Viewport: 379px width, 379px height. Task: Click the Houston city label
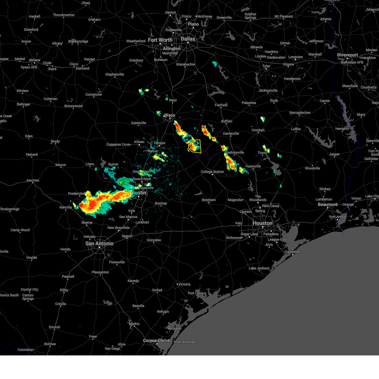(x=262, y=223)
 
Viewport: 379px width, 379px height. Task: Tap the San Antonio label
(x=99, y=244)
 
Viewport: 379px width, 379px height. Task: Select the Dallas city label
(x=188, y=39)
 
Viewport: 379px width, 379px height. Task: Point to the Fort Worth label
(x=160, y=40)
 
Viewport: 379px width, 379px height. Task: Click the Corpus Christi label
(x=157, y=340)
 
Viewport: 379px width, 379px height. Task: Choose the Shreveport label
(x=347, y=55)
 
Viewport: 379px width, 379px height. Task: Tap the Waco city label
(x=170, y=115)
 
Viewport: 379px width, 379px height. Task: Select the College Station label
(x=212, y=172)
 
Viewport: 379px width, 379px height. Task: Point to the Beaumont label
(x=328, y=205)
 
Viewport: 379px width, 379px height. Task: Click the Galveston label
(x=292, y=252)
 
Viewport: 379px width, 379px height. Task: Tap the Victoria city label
(x=184, y=284)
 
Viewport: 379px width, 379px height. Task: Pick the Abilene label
(x=34, y=60)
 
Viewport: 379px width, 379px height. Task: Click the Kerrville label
(x=66, y=208)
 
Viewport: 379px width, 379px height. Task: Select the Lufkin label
(x=296, y=129)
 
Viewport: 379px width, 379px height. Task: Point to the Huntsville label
(x=253, y=166)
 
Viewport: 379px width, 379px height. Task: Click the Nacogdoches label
(x=300, y=113)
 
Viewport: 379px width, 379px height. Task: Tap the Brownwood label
(x=73, y=106)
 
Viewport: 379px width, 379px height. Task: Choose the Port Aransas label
(x=185, y=342)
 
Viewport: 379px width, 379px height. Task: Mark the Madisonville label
(x=234, y=153)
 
